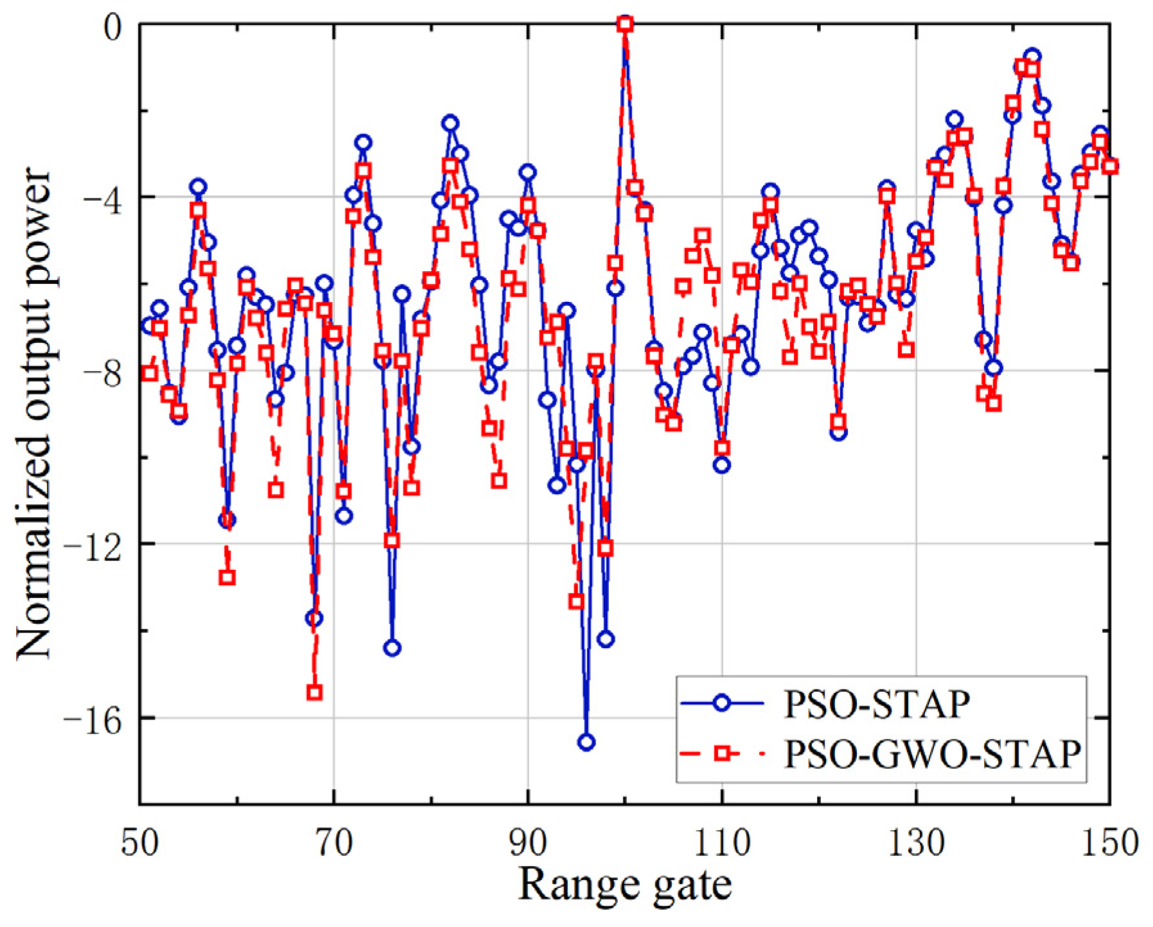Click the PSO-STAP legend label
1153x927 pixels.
click(x=877, y=704)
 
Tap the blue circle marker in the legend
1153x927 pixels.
click(x=721, y=703)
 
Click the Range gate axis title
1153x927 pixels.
click(x=624, y=885)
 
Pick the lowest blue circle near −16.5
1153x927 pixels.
click(x=586, y=743)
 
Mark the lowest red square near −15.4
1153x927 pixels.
click(x=314, y=693)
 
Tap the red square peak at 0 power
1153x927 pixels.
click(x=625, y=24)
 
